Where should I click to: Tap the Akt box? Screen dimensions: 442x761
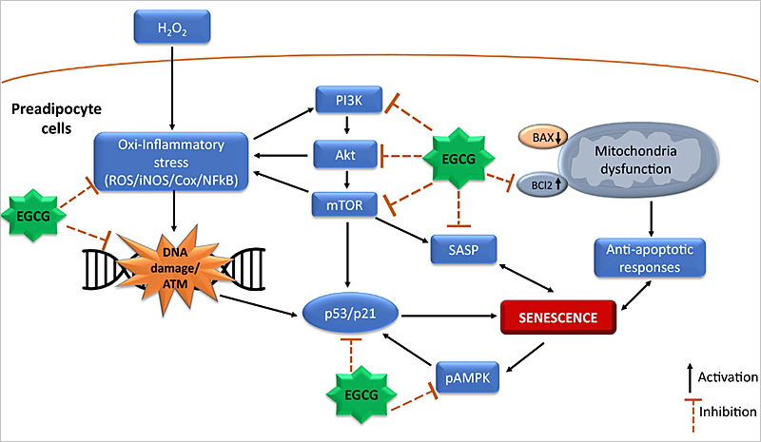tap(345, 151)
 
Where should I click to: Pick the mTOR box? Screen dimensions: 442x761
tap(345, 202)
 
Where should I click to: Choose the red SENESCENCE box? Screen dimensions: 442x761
tap(557, 317)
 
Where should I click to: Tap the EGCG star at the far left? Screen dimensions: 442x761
tap(35, 217)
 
